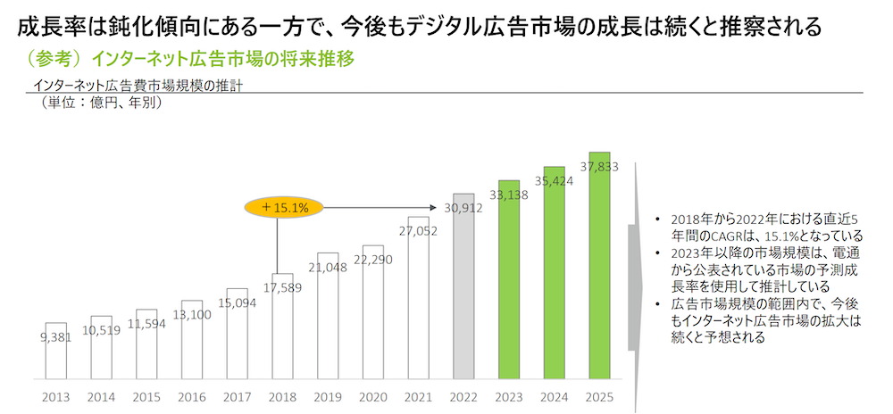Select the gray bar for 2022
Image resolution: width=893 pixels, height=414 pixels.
[463, 294]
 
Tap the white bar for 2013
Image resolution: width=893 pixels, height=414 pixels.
[55, 352]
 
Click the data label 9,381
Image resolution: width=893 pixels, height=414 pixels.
[55, 337]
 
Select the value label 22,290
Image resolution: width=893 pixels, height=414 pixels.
[372, 260]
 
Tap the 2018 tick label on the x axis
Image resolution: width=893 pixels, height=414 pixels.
[281, 396]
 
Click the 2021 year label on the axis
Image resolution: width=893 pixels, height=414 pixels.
[418, 396]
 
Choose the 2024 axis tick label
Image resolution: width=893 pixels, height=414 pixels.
[555, 396]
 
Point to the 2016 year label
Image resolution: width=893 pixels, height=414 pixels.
[191, 396]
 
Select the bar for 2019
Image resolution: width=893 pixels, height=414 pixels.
[327, 321]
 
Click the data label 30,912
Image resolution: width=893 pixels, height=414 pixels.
[463, 209]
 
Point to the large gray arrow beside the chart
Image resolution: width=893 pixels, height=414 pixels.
[635, 286]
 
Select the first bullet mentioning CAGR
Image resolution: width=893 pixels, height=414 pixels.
[759, 228]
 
